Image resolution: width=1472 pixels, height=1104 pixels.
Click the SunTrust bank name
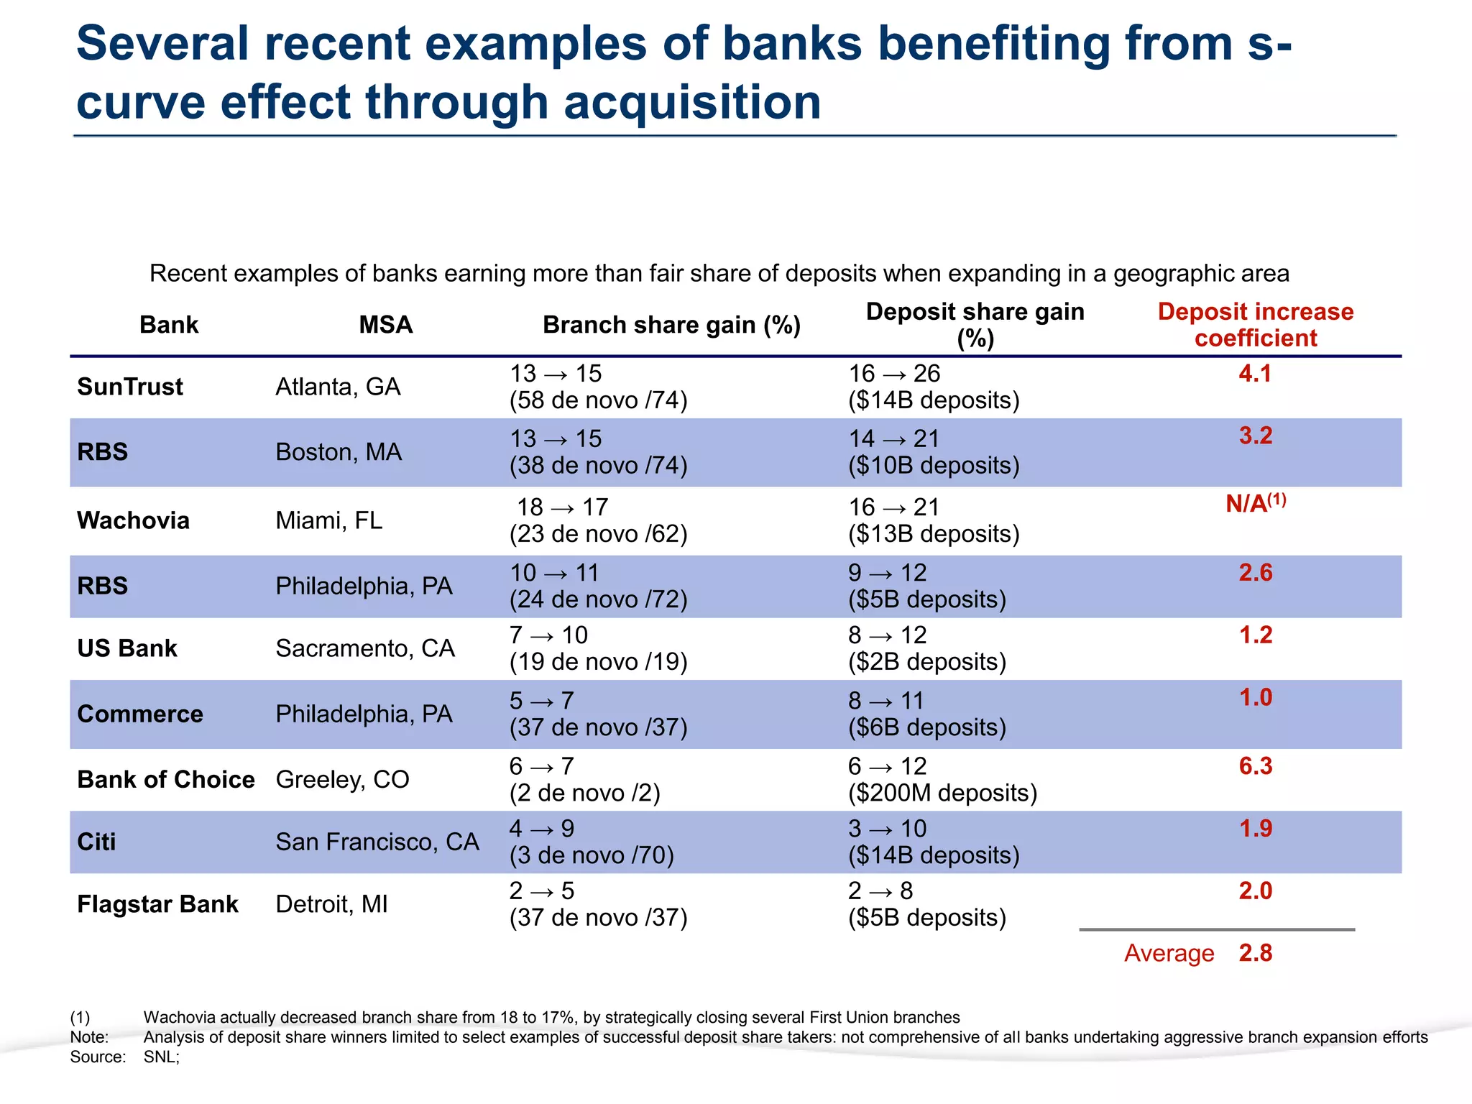(130, 387)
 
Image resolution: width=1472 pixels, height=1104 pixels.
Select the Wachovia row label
(134, 520)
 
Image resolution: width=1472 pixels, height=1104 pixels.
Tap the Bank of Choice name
(166, 780)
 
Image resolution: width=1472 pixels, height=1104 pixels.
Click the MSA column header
(386, 325)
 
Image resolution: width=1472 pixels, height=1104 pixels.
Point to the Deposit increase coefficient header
(1255, 325)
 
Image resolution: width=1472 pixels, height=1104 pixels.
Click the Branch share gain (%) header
(671, 325)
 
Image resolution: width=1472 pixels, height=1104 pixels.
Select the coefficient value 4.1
(1255, 374)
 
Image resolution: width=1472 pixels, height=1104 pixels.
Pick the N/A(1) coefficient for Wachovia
(1255, 503)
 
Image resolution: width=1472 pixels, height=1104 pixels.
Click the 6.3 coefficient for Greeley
(1255, 766)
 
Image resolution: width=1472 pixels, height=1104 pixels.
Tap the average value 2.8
(1255, 953)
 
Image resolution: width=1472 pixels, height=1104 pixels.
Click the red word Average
(1169, 954)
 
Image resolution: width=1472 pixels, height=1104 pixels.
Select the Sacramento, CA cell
(365, 648)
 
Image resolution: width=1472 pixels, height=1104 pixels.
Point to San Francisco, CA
(377, 842)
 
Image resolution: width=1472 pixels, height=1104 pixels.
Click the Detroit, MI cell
(331, 904)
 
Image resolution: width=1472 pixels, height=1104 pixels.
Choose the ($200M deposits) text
(942, 793)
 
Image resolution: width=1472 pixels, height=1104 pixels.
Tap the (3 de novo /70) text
(592, 856)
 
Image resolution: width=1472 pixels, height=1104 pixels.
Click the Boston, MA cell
(339, 452)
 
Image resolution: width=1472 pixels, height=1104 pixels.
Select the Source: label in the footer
(98, 1057)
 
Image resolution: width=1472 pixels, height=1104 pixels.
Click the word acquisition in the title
(692, 102)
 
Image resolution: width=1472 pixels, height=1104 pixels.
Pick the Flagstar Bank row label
(157, 904)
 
